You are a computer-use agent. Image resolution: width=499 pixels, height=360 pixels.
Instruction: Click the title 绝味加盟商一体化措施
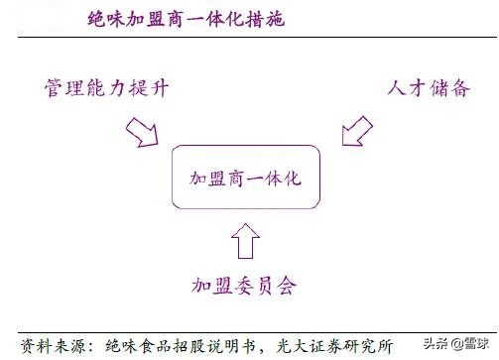point(186,20)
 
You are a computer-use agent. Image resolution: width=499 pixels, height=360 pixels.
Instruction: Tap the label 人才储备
point(429,88)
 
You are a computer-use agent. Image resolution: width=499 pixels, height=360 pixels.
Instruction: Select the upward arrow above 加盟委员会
point(245,240)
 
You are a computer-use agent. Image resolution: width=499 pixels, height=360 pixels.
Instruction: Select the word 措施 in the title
point(267,20)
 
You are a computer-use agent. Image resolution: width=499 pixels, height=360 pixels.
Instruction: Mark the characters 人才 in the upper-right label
point(405,88)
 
